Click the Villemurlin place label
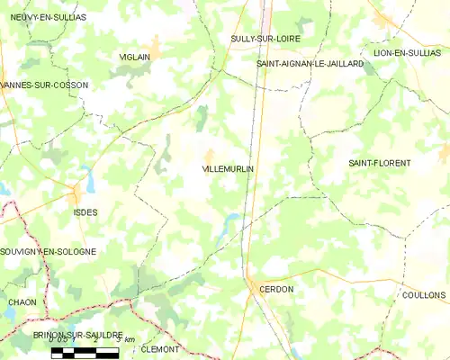tap(228, 169)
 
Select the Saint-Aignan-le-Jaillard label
tap(310, 64)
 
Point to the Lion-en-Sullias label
tap(407, 53)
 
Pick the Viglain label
tap(135, 57)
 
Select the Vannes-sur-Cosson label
tap(44, 85)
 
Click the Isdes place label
tap(85, 212)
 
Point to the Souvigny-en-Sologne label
tap(48, 252)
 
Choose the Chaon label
tap(22, 302)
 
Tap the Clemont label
tap(160, 348)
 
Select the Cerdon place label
tap(275, 289)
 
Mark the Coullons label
tap(425, 295)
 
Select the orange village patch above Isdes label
tap(78, 193)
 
